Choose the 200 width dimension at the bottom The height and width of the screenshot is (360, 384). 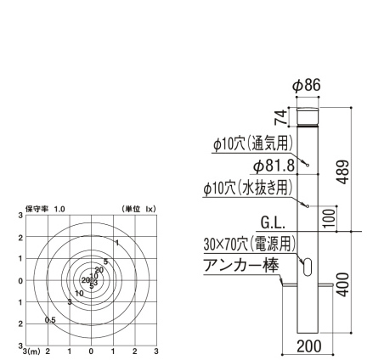(x=310, y=346)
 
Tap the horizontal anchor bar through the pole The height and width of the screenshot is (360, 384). (x=306, y=285)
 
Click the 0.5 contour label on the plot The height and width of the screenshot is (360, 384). (x=50, y=320)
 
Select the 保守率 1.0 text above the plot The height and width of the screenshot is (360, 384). (x=45, y=208)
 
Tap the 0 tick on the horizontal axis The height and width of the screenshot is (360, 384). (x=91, y=350)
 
